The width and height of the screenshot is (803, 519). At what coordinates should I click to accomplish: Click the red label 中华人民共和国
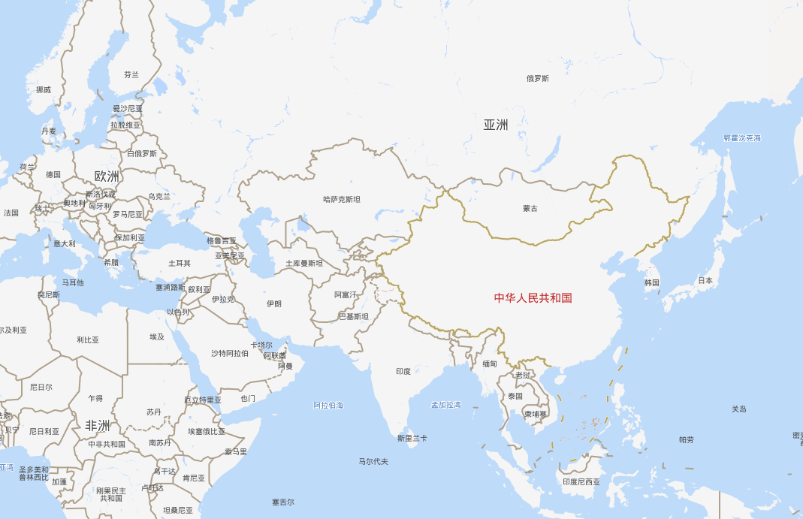click(533, 297)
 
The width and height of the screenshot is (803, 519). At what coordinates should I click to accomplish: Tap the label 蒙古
click(530, 208)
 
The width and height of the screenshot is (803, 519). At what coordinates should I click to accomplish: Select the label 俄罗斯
click(537, 78)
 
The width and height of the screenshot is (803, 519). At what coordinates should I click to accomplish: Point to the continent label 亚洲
click(495, 125)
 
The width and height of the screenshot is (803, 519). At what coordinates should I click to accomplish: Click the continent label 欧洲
click(107, 177)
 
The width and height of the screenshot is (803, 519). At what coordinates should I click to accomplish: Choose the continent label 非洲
click(98, 426)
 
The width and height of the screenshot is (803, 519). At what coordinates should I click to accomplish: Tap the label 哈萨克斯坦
click(342, 199)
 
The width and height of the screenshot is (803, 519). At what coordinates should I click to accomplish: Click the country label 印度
click(403, 371)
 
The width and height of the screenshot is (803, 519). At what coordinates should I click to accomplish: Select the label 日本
click(705, 280)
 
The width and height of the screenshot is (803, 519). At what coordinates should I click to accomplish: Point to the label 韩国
click(651, 282)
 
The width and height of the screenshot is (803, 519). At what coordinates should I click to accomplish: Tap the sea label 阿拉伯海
click(328, 405)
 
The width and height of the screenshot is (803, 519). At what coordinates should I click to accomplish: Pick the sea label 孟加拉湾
click(445, 405)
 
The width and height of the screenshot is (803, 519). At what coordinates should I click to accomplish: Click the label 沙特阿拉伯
click(229, 352)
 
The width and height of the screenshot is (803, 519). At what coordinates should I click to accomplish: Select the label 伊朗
click(274, 303)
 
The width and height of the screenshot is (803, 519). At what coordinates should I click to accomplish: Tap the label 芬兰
click(131, 74)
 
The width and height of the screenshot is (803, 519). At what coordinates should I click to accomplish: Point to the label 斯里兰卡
click(412, 438)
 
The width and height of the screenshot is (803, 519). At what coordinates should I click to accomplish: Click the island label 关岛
click(739, 409)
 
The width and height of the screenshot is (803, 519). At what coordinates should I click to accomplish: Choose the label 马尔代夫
click(373, 461)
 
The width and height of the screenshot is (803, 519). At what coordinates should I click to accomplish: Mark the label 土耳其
click(180, 263)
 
